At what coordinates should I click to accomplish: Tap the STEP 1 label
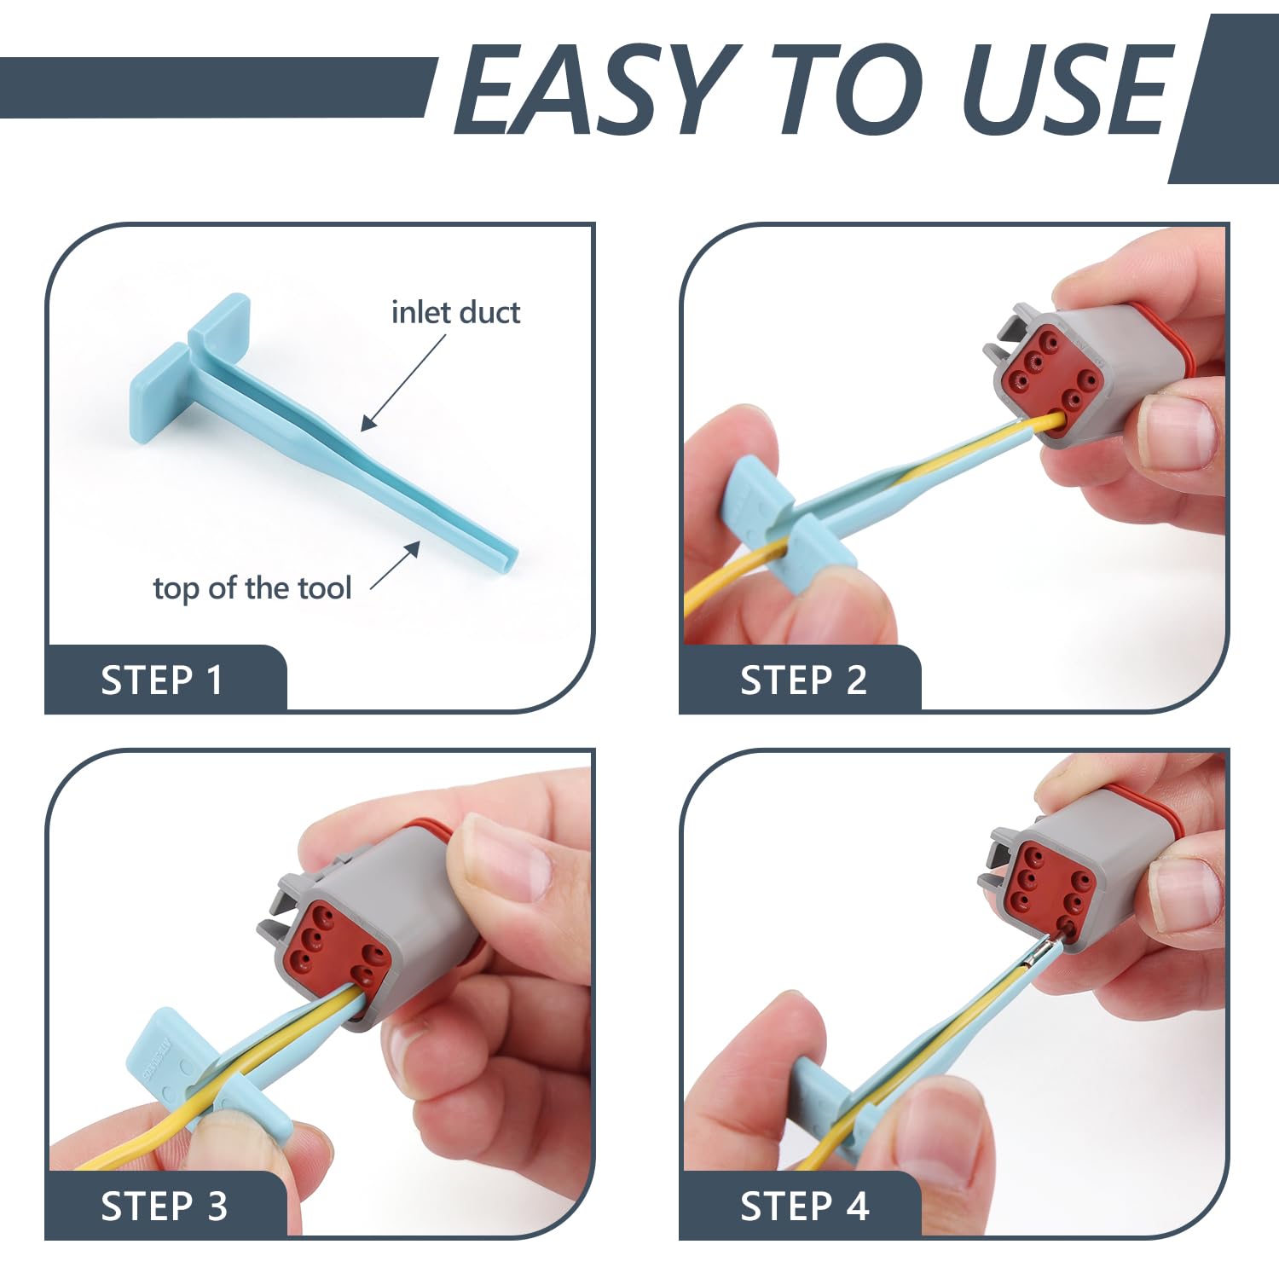[x=162, y=680]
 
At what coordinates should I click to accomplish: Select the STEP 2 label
[x=803, y=680]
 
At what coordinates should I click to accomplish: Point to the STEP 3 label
[x=164, y=1207]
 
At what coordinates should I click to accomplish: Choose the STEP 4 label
[x=804, y=1207]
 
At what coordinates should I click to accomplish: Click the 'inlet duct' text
[x=455, y=313]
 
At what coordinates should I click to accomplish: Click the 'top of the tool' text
[x=252, y=588]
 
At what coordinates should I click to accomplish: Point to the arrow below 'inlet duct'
[x=403, y=382]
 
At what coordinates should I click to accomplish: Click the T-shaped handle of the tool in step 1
[x=188, y=367]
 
